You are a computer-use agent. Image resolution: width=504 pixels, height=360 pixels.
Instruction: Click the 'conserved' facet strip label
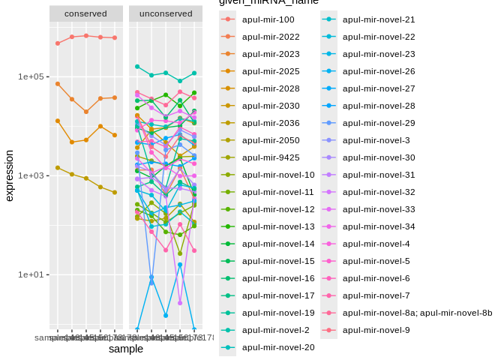[85, 13]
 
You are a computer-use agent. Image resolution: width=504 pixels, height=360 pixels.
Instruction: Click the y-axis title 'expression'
[10, 175]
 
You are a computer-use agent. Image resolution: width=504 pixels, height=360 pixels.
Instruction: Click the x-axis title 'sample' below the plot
[125, 349]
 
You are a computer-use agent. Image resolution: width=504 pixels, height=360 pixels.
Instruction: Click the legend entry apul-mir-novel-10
[278, 175]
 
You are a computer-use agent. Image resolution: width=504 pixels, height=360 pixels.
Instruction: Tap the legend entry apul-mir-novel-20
[278, 347]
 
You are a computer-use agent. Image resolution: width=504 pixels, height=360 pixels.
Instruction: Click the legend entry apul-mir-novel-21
[378, 19]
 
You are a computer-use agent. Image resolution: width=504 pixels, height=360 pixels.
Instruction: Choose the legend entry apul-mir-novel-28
[378, 106]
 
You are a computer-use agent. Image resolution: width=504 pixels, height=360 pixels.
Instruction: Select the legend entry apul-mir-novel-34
[378, 226]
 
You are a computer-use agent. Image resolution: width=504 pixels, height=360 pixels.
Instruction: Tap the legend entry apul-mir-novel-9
[376, 330]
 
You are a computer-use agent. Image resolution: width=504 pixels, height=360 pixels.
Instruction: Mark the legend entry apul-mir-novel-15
[278, 261]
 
